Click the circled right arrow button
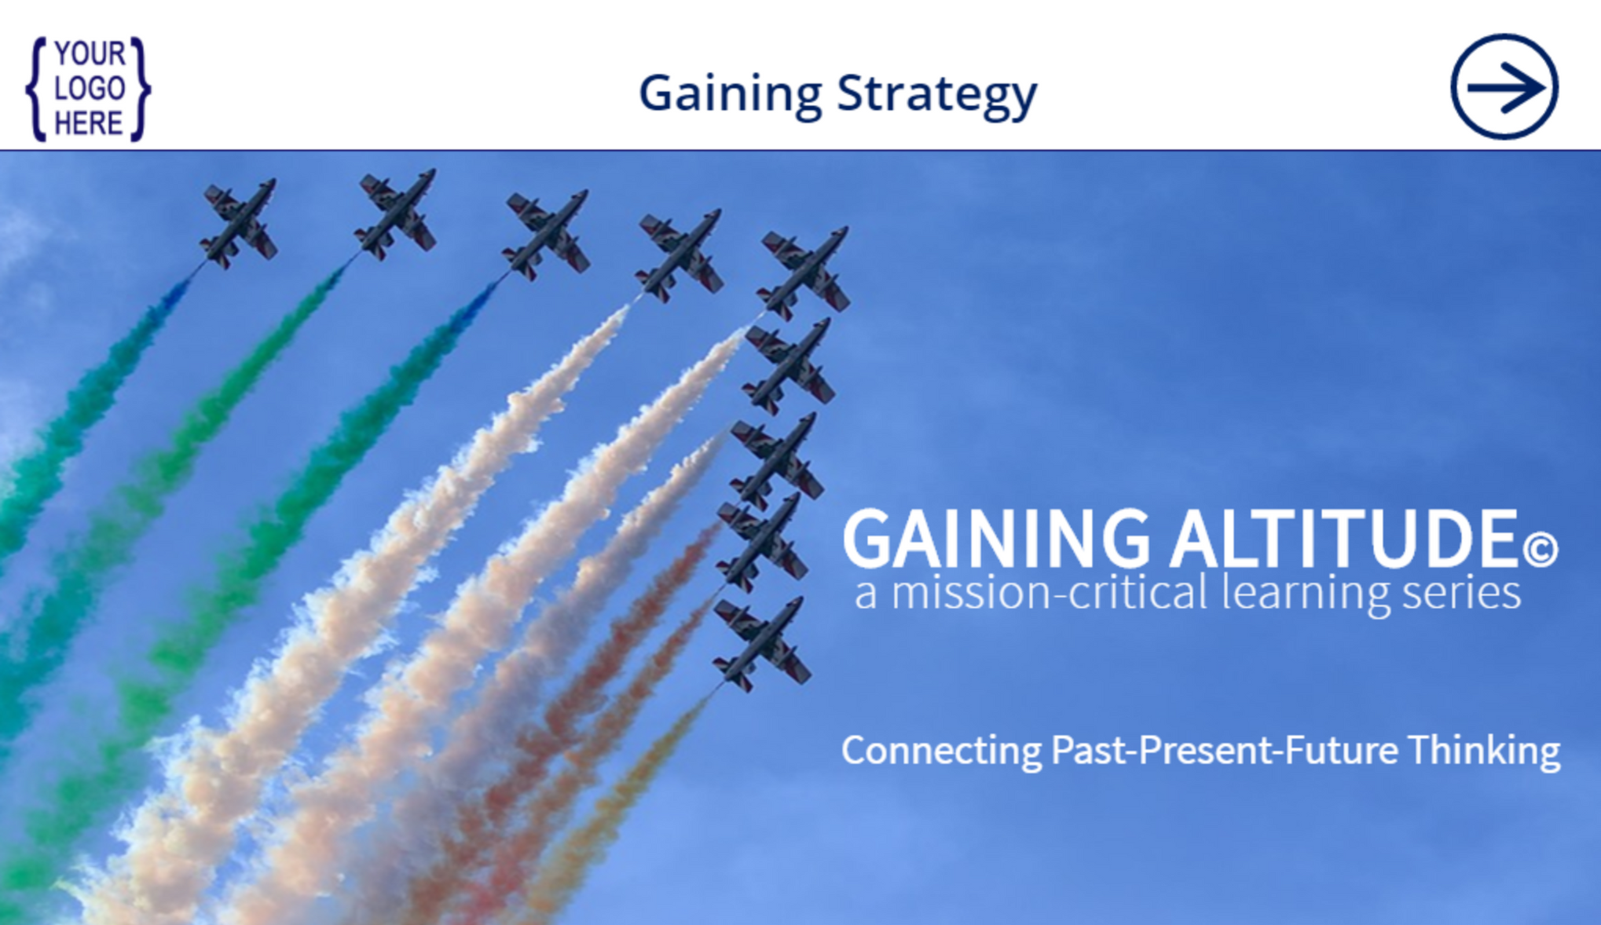point(1504,87)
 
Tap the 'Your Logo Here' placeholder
point(88,89)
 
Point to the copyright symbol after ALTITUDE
point(1540,549)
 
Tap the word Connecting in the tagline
point(941,750)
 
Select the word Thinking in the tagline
point(1483,750)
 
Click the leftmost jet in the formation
point(239,224)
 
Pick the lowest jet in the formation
point(760,644)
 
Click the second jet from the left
point(396,214)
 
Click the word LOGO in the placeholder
point(90,89)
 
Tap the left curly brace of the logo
point(36,89)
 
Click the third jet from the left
point(546,234)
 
